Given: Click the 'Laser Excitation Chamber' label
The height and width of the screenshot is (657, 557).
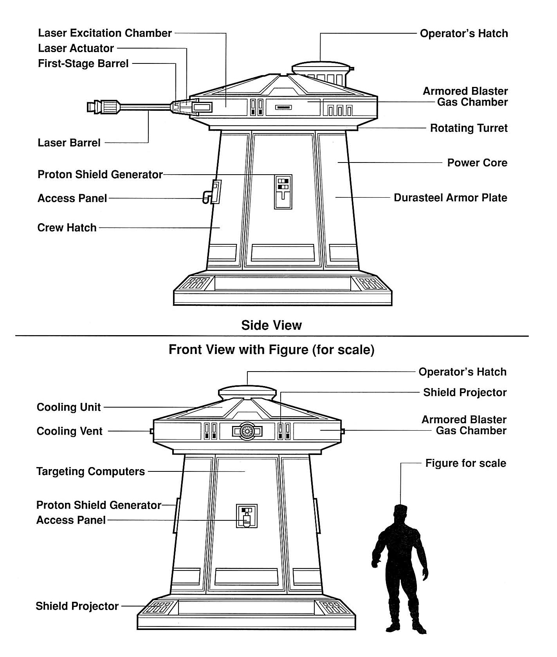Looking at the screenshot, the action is coord(105,33).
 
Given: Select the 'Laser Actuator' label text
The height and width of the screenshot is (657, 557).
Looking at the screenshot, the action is coord(76,49).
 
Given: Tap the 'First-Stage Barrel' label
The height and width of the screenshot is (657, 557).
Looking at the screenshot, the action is coord(83,63).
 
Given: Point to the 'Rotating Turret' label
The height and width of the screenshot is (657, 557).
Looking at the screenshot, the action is coord(469,128).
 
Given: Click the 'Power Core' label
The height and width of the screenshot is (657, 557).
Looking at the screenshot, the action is coord(477,162).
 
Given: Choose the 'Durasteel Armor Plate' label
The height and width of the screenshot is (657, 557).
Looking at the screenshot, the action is coord(451,197).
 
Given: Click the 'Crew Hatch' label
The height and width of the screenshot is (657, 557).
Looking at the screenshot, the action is coord(67,227).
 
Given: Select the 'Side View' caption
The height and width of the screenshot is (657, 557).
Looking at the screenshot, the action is coord(272,325).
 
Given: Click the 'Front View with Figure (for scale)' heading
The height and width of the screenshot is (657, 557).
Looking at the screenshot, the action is coord(272,349).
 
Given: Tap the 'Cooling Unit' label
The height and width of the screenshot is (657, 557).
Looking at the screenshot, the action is coord(69,407).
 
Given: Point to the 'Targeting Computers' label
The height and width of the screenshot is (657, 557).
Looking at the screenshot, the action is coord(91,471).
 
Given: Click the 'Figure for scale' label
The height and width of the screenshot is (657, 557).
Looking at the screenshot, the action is coord(466,463).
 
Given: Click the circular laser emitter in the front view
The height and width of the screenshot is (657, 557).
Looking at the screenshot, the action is coord(247,431).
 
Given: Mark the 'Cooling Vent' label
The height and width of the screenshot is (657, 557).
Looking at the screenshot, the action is coord(70,431).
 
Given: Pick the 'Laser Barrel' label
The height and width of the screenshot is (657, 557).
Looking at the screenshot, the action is coord(69,143).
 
